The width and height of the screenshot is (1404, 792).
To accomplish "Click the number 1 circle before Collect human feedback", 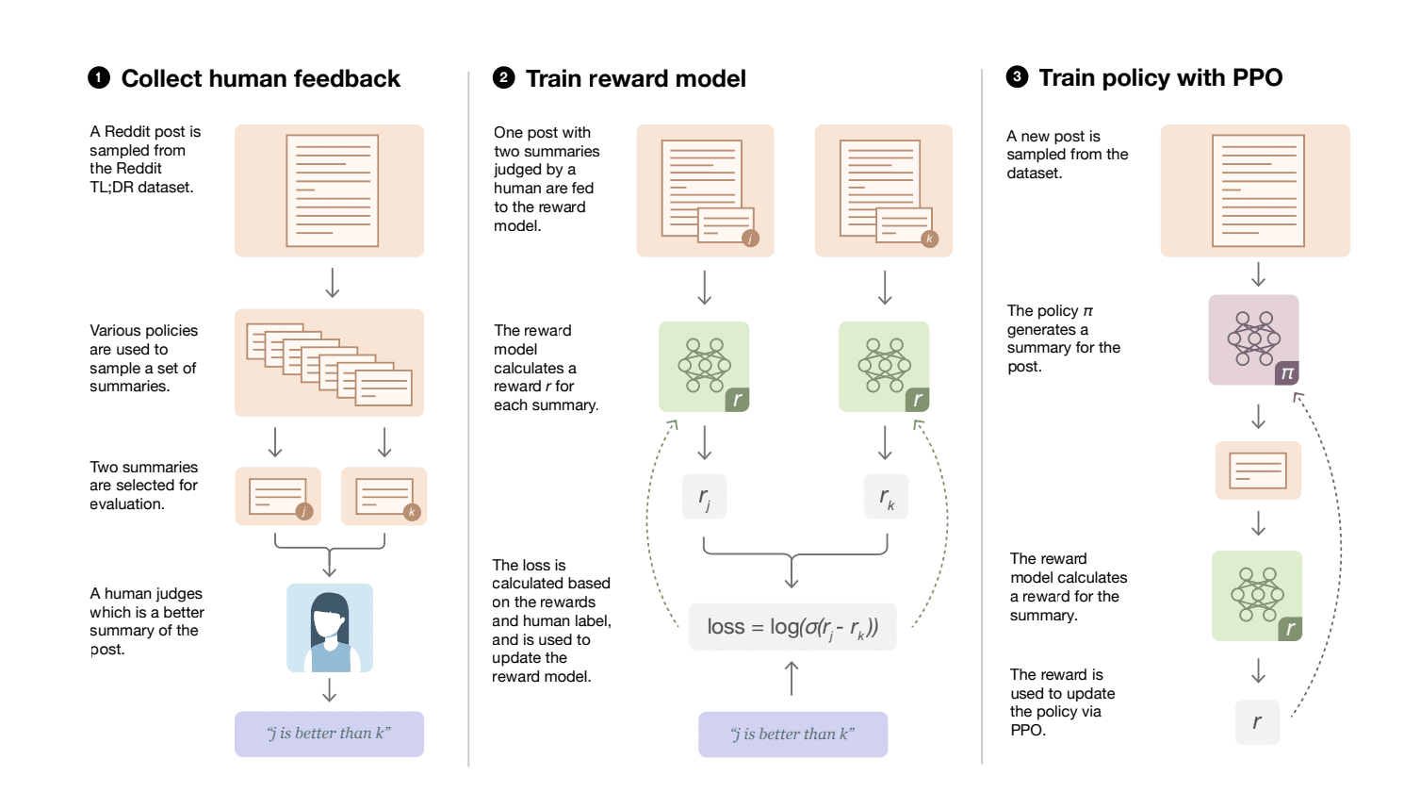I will [x=99, y=78].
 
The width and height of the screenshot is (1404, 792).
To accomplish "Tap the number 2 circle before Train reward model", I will [x=503, y=78].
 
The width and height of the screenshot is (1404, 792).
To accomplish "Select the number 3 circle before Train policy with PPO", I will [x=1017, y=77].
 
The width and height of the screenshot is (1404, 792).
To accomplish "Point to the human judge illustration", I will [x=330, y=627].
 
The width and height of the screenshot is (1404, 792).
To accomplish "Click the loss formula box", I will [x=792, y=627].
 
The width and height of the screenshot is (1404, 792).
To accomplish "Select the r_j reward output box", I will [x=704, y=496].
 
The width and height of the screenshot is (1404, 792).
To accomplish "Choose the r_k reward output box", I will [x=886, y=496].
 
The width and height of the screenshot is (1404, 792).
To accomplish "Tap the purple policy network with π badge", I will [x=1254, y=339].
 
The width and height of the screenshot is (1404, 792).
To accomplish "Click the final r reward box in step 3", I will [x=1257, y=721].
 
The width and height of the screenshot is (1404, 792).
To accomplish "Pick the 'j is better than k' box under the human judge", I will [x=329, y=734].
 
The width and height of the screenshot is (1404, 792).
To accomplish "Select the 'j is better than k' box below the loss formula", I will [x=792, y=734].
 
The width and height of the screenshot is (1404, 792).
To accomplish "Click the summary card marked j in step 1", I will [x=278, y=496].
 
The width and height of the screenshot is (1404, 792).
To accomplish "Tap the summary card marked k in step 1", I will [x=384, y=496].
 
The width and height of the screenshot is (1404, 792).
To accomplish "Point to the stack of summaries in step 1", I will [x=329, y=363].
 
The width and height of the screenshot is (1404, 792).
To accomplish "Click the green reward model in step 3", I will [x=1257, y=596].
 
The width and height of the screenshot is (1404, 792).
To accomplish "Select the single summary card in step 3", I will [x=1258, y=470].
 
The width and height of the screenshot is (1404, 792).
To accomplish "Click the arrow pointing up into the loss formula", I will [x=792, y=677].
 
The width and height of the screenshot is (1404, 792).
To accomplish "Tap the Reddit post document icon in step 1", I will [x=332, y=190].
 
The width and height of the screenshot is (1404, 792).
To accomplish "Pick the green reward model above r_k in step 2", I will [x=884, y=367].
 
